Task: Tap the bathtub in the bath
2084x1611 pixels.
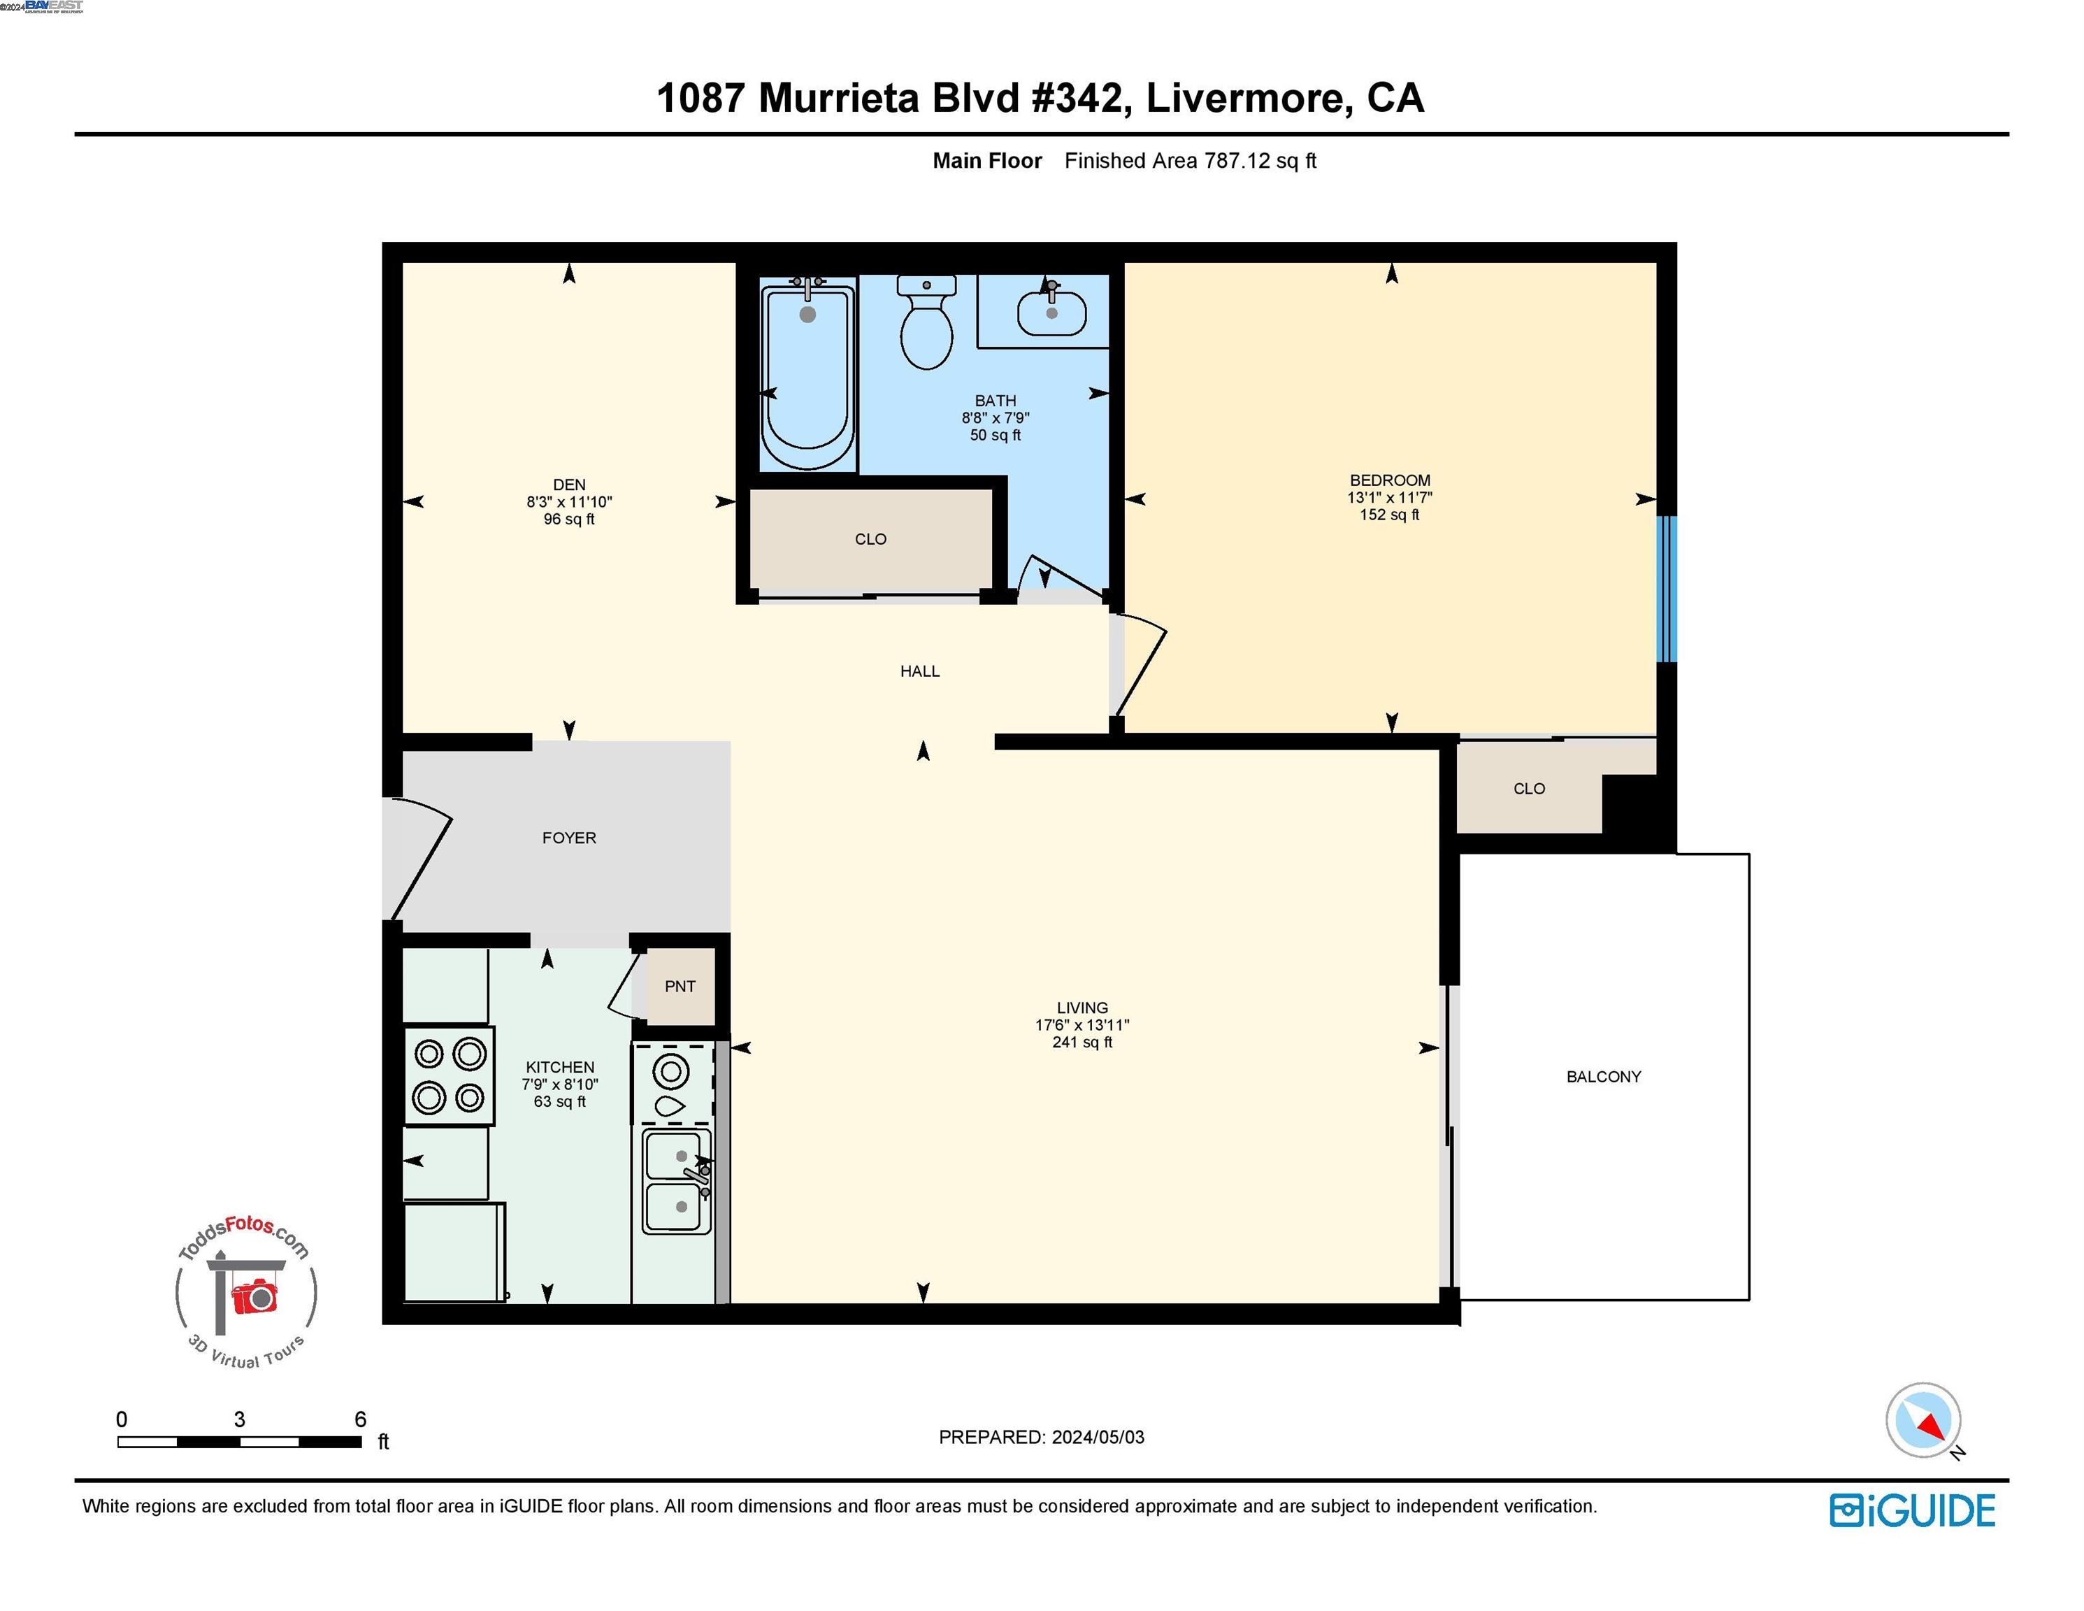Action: pos(807,377)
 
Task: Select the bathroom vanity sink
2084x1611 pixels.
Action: pos(1051,310)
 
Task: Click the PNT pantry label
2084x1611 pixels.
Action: pos(680,986)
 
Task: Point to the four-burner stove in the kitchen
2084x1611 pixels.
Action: pos(449,1075)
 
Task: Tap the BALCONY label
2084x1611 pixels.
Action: pos(1603,1077)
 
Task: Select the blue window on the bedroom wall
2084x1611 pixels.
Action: pos(1666,589)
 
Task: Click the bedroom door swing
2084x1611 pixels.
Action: pos(1141,668)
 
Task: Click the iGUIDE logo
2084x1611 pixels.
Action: pos(1912,1511)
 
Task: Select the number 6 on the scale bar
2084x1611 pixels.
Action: pos(360,1419)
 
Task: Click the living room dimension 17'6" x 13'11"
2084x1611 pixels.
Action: pos(1082,1025)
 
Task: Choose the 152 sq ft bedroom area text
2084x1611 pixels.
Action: pos(1389,515)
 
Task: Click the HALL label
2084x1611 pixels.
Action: pos(920,671)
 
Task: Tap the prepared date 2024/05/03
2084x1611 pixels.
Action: pos(1098,1436)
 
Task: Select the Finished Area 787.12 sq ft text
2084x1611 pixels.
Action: pos(1190,160)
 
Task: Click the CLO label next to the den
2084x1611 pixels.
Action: pos(870,539)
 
